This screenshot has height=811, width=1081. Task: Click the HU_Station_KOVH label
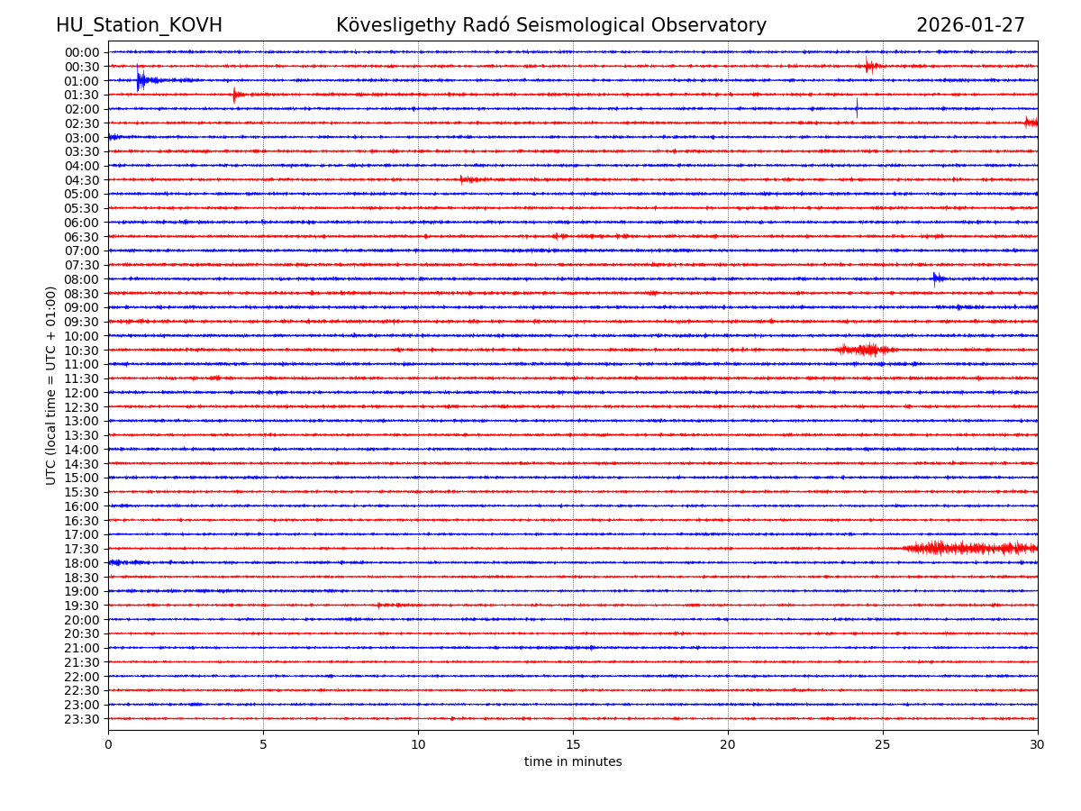coord(139,26)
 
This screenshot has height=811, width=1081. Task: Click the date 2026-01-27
coord(970,26)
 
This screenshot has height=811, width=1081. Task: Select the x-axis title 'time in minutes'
coord(573,762)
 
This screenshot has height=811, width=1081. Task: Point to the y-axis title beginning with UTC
coord(51,386)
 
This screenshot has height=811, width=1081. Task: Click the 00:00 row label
coord(82,52)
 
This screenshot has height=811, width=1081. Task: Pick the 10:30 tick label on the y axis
coord(82,351)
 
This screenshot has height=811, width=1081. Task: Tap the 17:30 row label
coord(82,549)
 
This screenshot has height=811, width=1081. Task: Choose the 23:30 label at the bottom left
coord(82,719)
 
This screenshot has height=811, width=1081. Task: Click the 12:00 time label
coord(82,393)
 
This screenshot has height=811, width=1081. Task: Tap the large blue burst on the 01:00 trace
coord(141,80)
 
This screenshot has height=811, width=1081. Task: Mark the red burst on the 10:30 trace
coord(867,350)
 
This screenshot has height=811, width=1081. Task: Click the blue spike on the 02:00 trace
coord(857,108)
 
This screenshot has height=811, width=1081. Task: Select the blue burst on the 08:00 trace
coord(937,278)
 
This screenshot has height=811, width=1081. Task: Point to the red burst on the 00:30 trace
coord(869,66)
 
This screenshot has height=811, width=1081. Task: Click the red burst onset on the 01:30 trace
coord(235,95)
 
